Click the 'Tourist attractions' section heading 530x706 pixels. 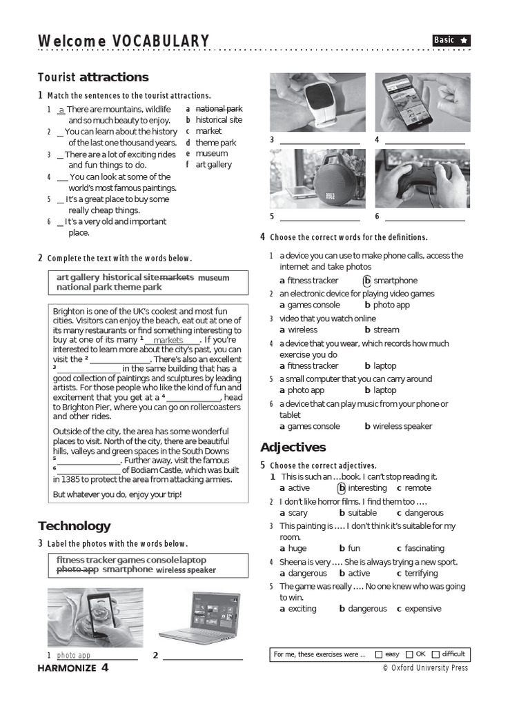[x=93, y=77]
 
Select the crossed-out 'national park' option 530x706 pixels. [x=219, y=109]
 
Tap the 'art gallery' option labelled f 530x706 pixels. [x=213, y=164]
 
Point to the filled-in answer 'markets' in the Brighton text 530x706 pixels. [x=168, y=340]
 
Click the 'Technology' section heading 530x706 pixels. [x=74, y=526]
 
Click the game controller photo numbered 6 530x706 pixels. [x=422, y=179]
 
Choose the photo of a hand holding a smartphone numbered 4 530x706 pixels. [x=422, y=102]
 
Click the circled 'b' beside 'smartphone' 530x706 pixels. [x=367, y=281]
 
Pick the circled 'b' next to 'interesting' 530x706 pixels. [x=341, y=488]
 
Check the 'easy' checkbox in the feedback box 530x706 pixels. [x=379, y=654]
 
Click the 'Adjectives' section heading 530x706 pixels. [x=293, y=447]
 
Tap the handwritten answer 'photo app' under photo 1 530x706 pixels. [x=74, y=655]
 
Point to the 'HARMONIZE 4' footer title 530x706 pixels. [x=73, y=667]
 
